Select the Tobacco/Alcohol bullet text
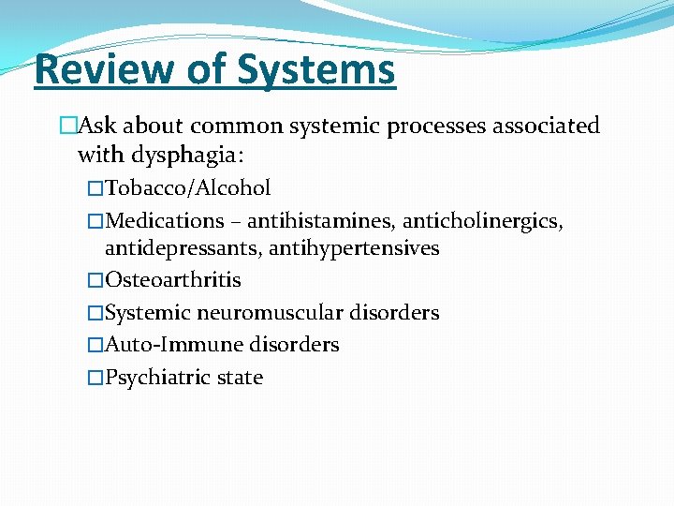pos(188,188)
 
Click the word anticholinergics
pos(483,221)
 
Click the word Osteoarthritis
pos(173,280)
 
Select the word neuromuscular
pos(271,313)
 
